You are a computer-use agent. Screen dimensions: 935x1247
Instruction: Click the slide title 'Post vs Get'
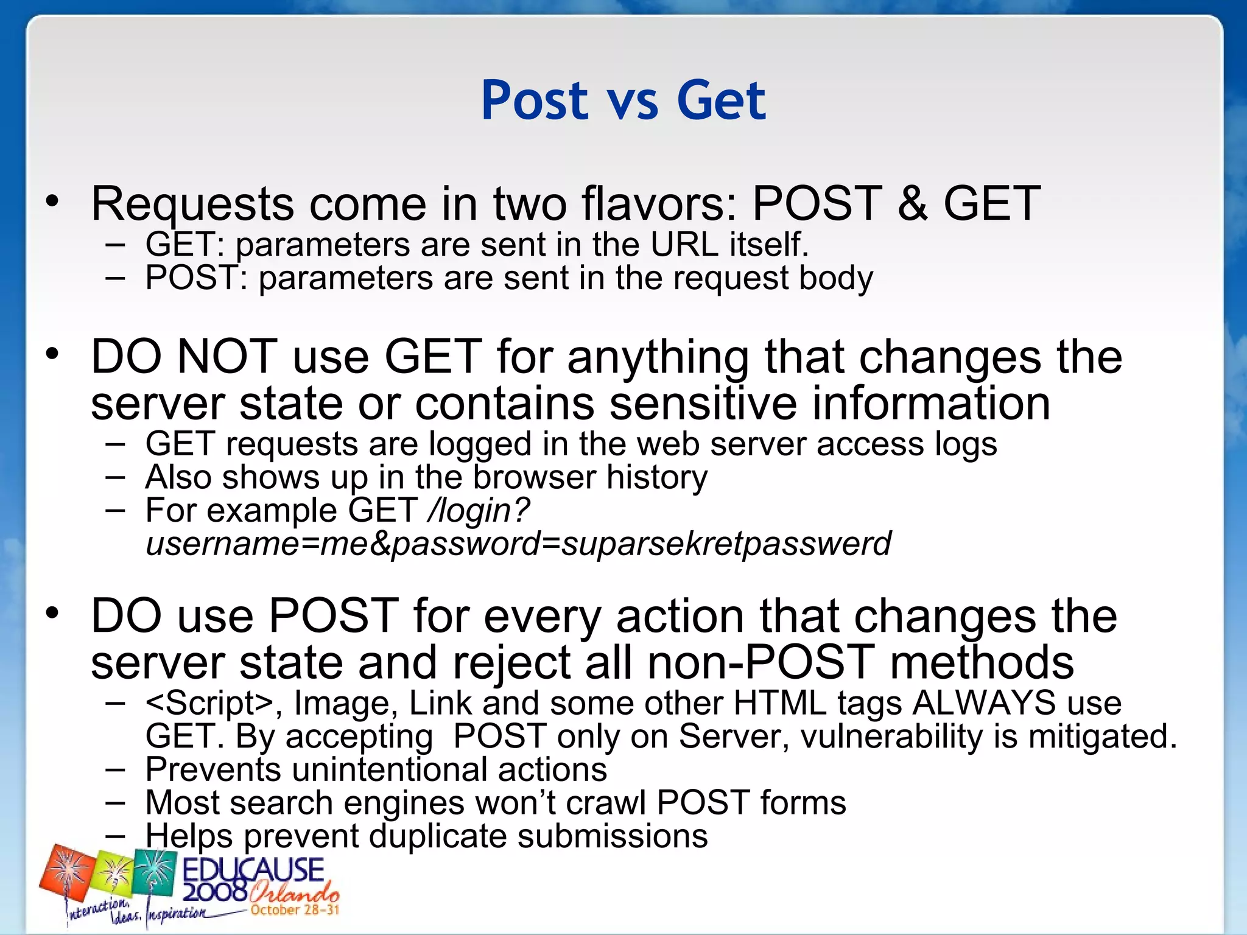[623, 100]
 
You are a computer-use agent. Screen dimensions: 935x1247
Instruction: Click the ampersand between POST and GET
[912, 203]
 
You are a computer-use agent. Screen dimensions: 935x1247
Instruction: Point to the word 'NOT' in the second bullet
[227, 357]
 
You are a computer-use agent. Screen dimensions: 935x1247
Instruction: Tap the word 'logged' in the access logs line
[480, 444]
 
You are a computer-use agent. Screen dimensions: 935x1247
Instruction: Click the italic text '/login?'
[479, 510]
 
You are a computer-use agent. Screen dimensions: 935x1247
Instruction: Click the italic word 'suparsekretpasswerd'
[726, 544]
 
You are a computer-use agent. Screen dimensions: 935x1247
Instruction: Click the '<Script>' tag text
[209, 703]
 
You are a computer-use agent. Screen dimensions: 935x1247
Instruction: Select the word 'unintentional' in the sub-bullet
[389, 769]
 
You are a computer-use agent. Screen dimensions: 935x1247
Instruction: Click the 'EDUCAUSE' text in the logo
[253, 870]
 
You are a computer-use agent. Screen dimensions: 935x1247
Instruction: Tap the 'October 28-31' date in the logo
[295, 910]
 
